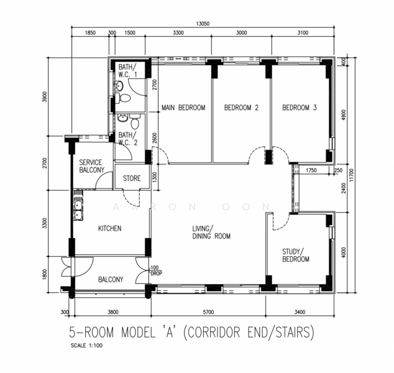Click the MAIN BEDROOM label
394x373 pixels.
pyautogui.click(x=183, y=108)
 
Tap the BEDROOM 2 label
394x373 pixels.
pyautogui.click(x=241, y=108)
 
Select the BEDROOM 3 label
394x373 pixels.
pyautogui.click(x=300, y=108)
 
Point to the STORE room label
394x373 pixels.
pyautogui.click(x=132, y=178)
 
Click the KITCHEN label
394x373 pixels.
pyautogui.click(x=110, y=229)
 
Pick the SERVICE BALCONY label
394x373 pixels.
pyautogui.click(x=91, y=166)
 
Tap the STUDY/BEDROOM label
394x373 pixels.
pyautogui.click(x=296, y=256)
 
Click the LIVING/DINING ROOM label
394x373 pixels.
pyautogui.click(x=211, y=233)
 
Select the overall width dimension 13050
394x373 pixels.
pyautogui.click(x=203, y=24)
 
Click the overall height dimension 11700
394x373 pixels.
pyautogui.click(x=351, y=175)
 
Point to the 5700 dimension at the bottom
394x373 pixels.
pyautogui.click(x=208, y=312)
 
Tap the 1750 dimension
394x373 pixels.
pyautogui.click(x=311, y=170)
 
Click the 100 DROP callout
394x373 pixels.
pyautogui.click(x=156, y=270)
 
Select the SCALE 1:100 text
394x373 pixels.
pyautogui.click(x=86, y=346)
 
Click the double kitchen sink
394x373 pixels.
pyautogui.click(x=78, y=210)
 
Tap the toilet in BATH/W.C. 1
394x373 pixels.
pyautogui.click(x=124, y=98)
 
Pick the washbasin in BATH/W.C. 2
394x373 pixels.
pyautogui.click(x=122, y=118)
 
